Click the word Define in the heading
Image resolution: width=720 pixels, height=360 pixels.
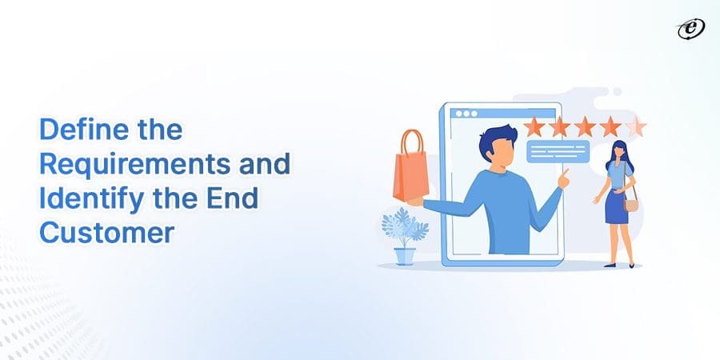[75, 129]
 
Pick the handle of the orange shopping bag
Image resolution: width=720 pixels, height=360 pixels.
[412, 142]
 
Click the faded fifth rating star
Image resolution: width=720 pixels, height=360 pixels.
[636, 126]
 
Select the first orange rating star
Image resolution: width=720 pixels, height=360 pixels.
[534, 126]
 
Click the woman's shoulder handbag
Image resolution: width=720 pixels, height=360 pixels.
[631, 204]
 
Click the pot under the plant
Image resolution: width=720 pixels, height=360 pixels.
[405, 255]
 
